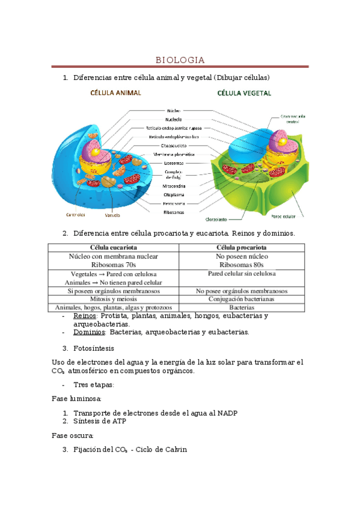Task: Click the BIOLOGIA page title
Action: pyautogui.click(x=180, y=60)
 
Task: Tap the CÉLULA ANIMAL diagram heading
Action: pyautogui.click(x=115, y=93)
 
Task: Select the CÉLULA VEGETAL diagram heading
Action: pyautogui.click(x=244, y=93)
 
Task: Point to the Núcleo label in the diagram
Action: pyautogui.click(x=174, y=111)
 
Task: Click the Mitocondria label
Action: pyautogui.click(x=174, y=186)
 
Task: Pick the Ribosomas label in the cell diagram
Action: pyautogui.click(x=174, y=212)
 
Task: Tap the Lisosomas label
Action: pyautogui.click(x=174, y=162)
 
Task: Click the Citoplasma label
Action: pyautogui.click(x=174, y=194)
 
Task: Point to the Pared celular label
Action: pyautogui.click(x=282, y=215)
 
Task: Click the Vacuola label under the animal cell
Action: pyautogui.click(x=113, y=214)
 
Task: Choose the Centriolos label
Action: pyautogui.click(x=75, y=214)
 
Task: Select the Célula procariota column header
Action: pyautogui.click(x=242, y=247)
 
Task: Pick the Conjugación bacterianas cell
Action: pyautogui.click(x=242, y=299)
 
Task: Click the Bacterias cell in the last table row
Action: pyautogui.click(x=242, y=307)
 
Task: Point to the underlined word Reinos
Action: pyautogui.click(x=85, y=316)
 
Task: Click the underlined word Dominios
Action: pyautogui.click(x=90, y=331)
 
